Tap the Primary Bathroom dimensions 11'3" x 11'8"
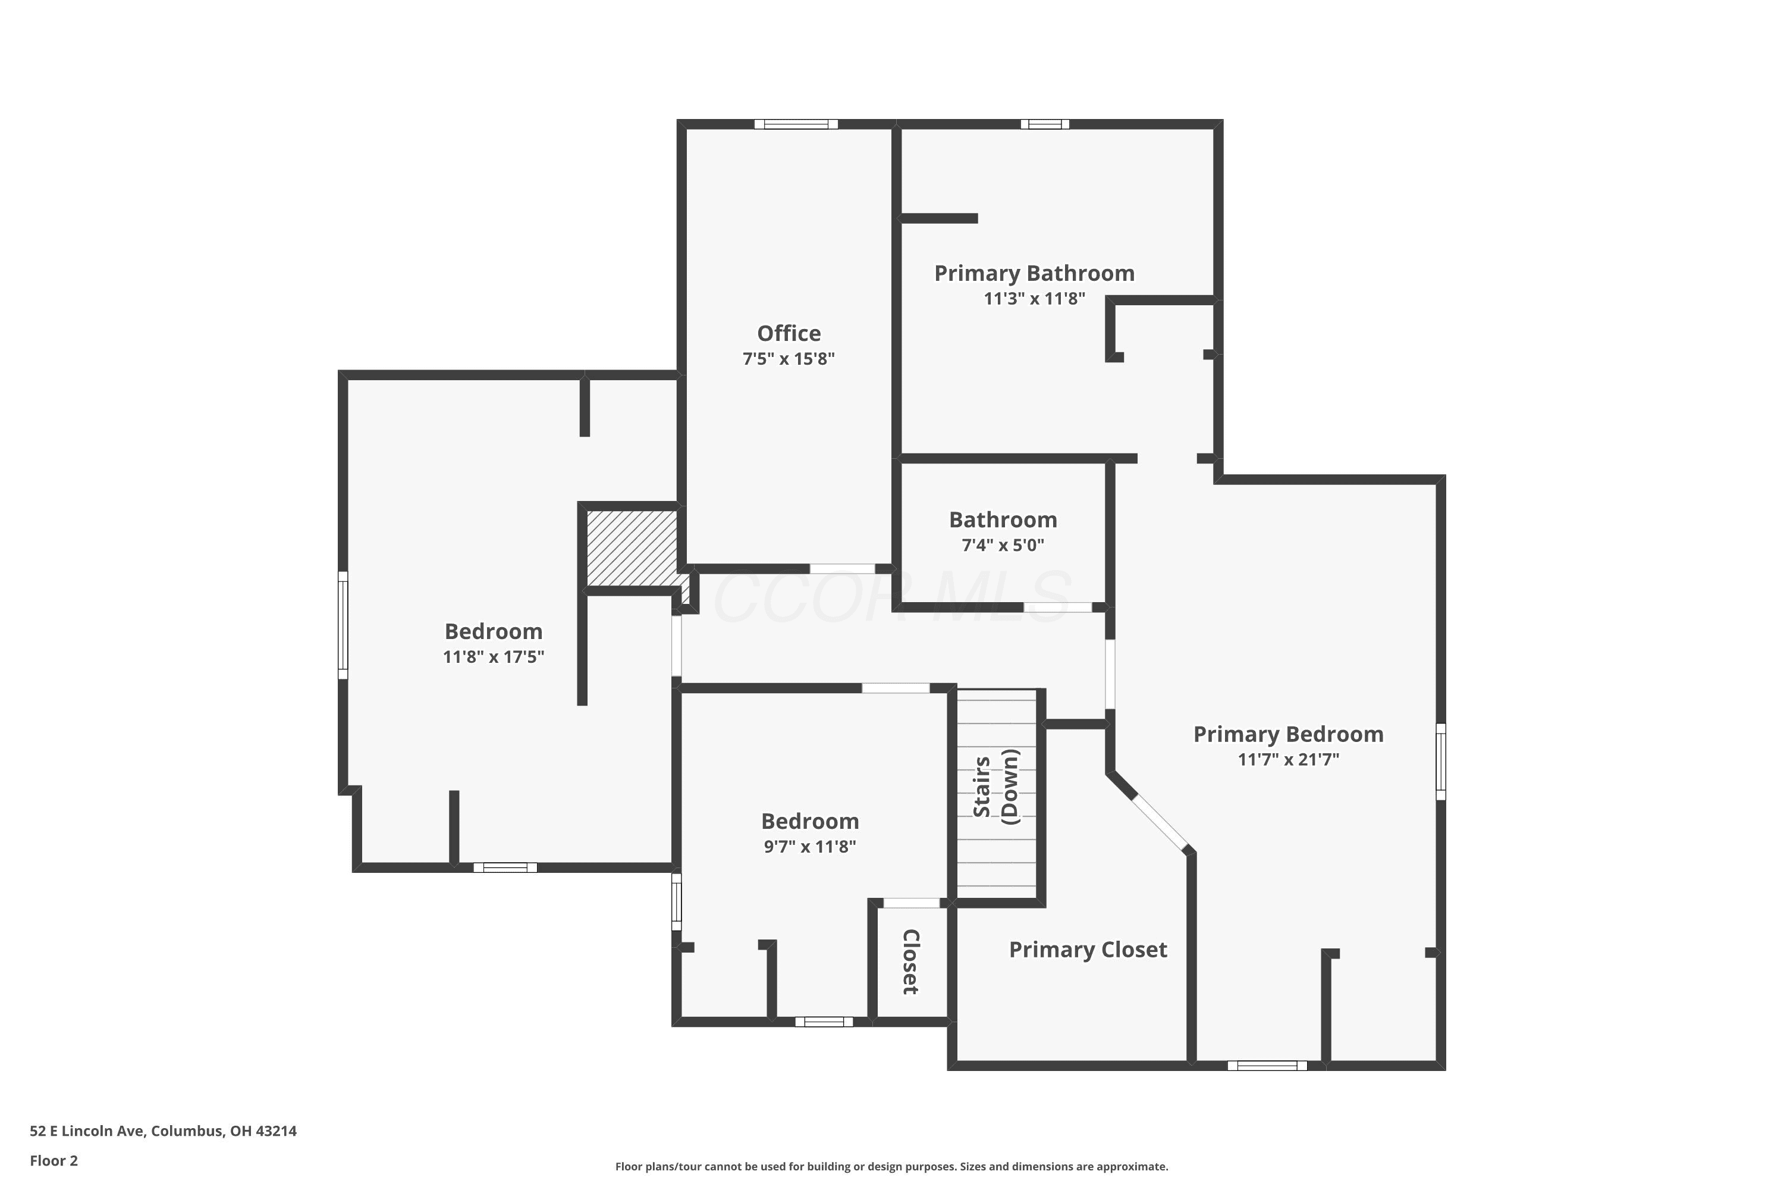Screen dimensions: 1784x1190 tap(1034, 298)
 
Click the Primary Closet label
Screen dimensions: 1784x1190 tap(1088, 950)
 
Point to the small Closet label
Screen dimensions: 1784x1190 tap(910, 962)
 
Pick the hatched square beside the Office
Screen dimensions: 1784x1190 tap(633, 547)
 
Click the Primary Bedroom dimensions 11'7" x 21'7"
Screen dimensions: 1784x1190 tap(1288, 760)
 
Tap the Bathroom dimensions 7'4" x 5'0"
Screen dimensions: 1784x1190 tap(1003, 545)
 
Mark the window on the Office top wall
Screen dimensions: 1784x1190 tap(796, 124)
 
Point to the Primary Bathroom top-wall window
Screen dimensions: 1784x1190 tap(1044, 124)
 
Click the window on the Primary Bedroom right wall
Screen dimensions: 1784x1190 tap(1440, 761)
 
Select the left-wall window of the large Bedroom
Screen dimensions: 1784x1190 tap(343, 625)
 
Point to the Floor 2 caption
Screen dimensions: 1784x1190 tap(54, 1160)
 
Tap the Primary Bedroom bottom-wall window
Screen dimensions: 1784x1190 tap(1267, 1066)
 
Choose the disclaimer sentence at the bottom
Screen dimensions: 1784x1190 tap(891, 1166)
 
